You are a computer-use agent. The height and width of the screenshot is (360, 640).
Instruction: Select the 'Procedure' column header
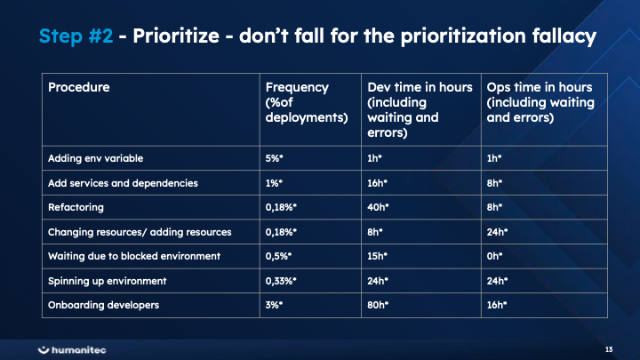coord(79,87)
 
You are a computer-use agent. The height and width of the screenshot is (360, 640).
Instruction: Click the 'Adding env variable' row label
coord(95,158)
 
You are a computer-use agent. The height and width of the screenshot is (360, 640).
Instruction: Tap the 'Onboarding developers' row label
coord(103,305)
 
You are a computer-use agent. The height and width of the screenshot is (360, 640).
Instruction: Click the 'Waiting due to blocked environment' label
coord(132,256)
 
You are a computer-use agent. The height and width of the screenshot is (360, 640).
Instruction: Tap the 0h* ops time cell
coord(494,256)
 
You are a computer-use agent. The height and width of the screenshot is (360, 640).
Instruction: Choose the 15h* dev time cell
coord(378,256)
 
